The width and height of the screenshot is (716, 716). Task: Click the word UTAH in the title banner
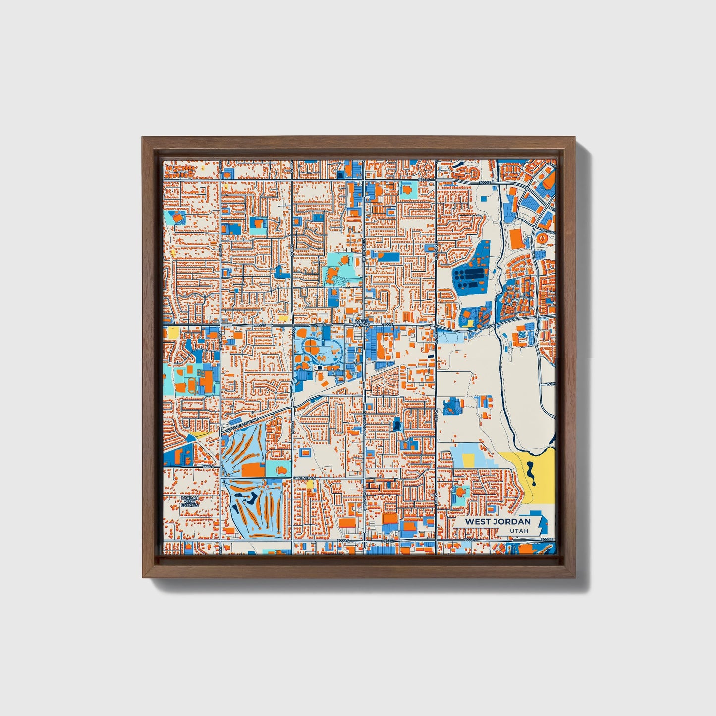519,531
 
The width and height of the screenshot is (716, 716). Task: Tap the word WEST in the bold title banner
479,521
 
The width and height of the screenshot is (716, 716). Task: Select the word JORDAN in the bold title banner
512,521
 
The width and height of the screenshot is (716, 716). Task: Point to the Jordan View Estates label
189,501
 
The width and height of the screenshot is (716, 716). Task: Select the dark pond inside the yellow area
531,473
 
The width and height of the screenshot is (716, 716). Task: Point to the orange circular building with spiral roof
542,239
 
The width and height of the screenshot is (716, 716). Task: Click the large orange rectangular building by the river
516,238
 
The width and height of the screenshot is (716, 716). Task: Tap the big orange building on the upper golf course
253,469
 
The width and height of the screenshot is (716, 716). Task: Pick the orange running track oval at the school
191,384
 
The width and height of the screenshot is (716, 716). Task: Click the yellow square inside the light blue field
468,459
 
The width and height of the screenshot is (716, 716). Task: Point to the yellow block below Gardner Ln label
310,484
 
